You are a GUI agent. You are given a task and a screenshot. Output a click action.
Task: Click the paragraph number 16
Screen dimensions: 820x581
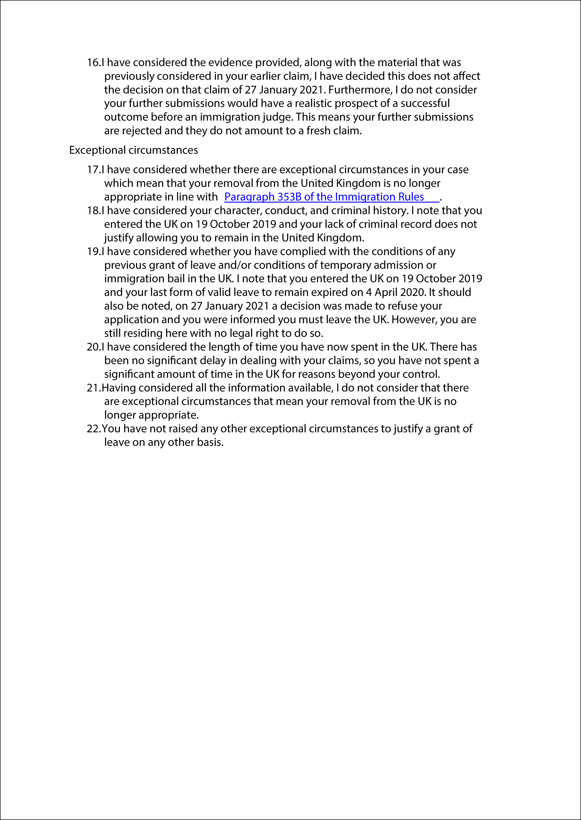93,63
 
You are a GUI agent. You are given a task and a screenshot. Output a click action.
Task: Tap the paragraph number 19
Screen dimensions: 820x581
93,252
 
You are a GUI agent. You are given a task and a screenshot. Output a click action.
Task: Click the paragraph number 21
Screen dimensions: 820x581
93,388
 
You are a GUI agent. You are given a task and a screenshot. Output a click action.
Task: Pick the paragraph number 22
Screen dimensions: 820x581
93,429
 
